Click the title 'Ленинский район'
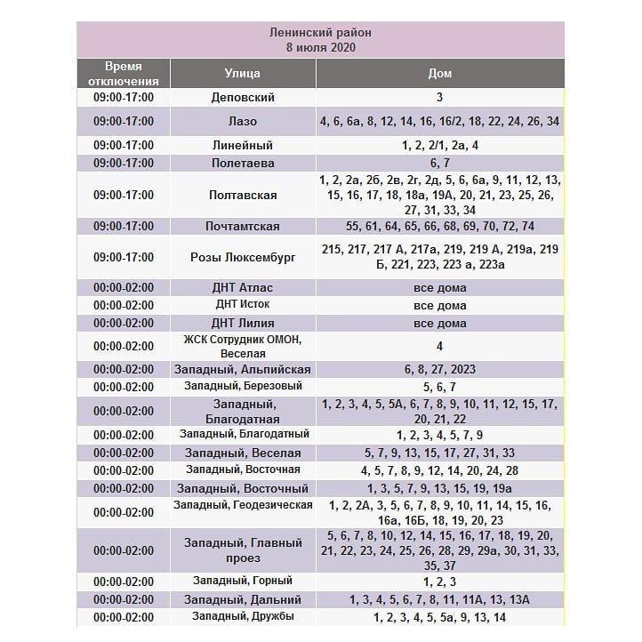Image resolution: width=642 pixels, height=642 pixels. point(320,32)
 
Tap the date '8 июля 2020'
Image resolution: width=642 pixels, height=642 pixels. point(320,47)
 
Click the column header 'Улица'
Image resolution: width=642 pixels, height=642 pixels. point(243,73)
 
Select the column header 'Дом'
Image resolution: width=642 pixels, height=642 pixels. point(439,73)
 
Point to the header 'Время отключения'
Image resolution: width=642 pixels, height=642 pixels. point(124,73)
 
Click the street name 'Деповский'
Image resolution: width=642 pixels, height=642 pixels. point(243,98)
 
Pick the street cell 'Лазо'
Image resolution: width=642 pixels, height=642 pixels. point(243,121)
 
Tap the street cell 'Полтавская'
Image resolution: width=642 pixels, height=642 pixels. point(243,195)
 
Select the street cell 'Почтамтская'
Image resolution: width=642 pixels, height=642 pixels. point(243,227)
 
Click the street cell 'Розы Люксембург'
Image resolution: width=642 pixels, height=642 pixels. point(243,257)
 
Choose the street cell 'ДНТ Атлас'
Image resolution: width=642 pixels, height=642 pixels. point(243,288)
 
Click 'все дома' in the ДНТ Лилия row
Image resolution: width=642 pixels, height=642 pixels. point(439,323)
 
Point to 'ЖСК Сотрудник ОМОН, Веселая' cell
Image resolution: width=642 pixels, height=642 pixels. point(243,346)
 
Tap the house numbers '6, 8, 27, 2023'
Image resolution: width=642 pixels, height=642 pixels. point(439,369)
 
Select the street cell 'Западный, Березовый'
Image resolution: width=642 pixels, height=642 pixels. point(243,387)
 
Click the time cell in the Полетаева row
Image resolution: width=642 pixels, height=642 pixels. point(124,164)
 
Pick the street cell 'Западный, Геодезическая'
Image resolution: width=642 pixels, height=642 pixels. point(243,505)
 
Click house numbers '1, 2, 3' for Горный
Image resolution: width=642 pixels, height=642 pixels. point(439,582)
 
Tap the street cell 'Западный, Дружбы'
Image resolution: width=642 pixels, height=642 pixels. point(243,617)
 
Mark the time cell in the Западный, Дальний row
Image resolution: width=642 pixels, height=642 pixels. point(124,600)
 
